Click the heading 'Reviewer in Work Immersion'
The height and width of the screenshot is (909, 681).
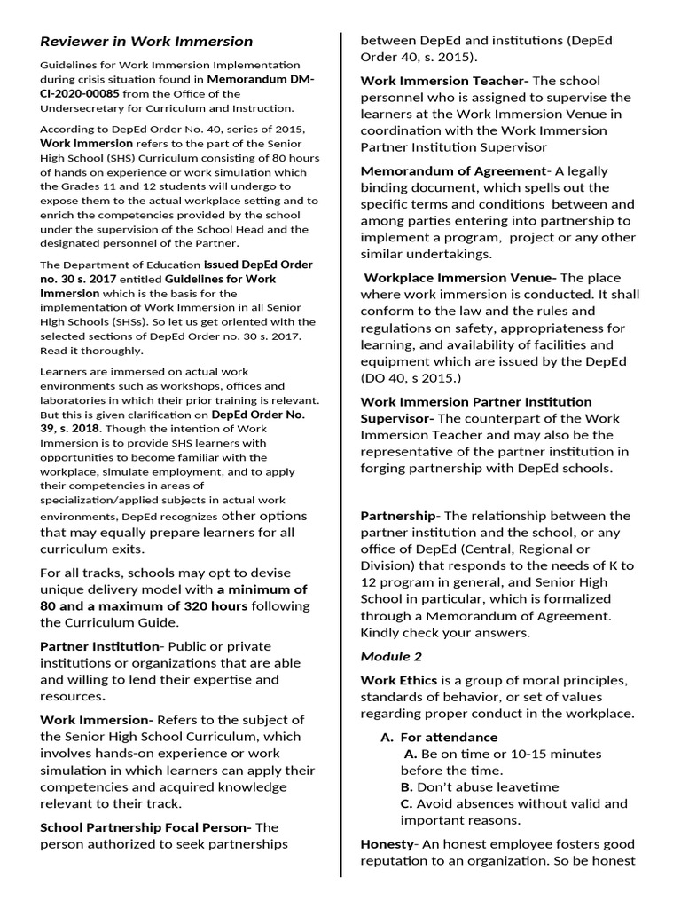tap(146, 42)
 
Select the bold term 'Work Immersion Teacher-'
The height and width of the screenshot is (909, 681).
tap(444, 81)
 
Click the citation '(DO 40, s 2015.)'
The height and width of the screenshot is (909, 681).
tap(411, 378)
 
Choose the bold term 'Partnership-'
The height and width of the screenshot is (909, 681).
tap(399, 516)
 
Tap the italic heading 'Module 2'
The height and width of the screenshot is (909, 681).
tap(391, 657)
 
